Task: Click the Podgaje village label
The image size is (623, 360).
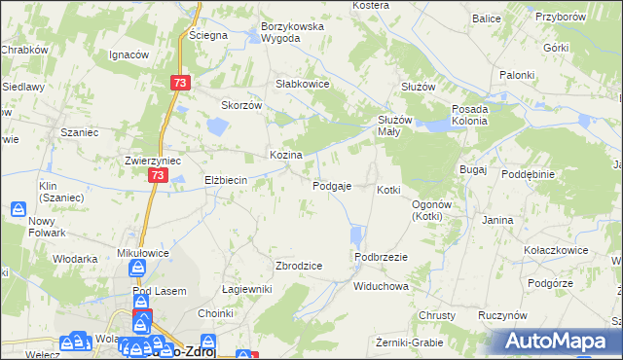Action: click(x=332, y=186)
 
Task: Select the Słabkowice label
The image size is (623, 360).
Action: click(x=303, y=84)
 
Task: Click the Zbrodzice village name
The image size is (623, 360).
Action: click(x=299, y=265)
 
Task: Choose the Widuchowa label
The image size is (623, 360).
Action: click(x=381, y=287)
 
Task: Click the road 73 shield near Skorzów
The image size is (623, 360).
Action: click(x=178, y=84)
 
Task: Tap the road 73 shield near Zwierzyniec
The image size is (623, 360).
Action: click(x=159, y=175)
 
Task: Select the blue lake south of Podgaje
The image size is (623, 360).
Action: click(x=356, y=235)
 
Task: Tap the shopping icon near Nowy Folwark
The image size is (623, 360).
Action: click(x=18, y=208)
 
